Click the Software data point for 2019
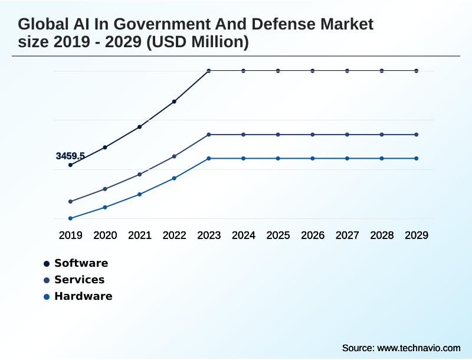[x=70, y=165]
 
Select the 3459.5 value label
[x=70, y=156]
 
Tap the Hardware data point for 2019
[x=70, y=218]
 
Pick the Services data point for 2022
[x=174, y=156]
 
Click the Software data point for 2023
[x=209, y=71]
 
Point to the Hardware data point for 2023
[x=209, y=158]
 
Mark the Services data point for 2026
[x=313, y=135]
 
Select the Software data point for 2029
[x=417, y=71]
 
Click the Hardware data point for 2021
[x=140, y=194]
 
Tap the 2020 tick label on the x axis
[x=105, y=235]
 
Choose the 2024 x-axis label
[x=244, y=235]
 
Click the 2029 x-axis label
[x=417, y=235]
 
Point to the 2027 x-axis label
[x=348, y=235]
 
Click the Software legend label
[x=81, y=263]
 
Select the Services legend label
[x=80, y=280]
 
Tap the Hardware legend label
[x=83, y=296]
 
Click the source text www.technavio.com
[x=418, y=348]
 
